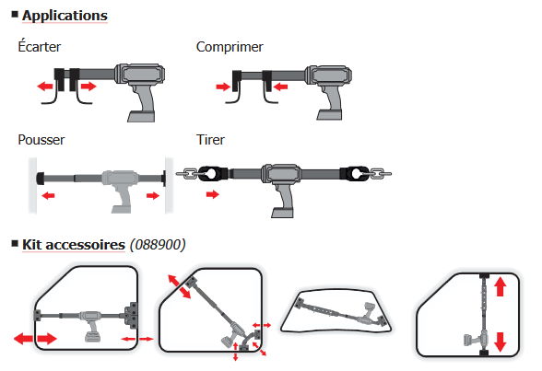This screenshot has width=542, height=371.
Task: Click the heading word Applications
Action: [x=65, y=16]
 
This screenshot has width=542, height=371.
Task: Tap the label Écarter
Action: [x=39, y=47]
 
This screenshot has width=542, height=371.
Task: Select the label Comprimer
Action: [x=230, y=47]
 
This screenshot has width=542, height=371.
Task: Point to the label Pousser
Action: [x=41, y=140]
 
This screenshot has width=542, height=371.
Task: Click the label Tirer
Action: [x=210, y=140]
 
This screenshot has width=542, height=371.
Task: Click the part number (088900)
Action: [x=158, y=245]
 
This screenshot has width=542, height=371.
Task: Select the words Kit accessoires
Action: [x=74, y=245]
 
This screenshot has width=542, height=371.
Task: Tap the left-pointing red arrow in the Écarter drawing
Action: [x=45, y=86]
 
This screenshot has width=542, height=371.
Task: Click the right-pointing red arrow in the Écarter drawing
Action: [x=88, y=86]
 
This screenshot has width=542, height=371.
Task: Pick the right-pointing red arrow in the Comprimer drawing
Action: [x=223, y=87]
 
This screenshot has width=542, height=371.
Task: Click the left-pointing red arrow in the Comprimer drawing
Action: [x=280, y=87]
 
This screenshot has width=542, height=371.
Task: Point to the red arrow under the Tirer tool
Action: [x=213, y=194]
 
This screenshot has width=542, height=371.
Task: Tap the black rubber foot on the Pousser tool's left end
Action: [x=41, y=178]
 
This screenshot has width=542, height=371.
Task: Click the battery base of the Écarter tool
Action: [x=141, y=116]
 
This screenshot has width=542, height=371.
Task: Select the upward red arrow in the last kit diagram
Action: [x=500, y=287]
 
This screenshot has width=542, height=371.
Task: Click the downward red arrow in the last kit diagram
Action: [x=500, y=342]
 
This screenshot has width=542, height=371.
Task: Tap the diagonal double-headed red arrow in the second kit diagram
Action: [x=179, y=286]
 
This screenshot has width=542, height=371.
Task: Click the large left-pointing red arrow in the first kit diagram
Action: [x=24, y=338]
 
